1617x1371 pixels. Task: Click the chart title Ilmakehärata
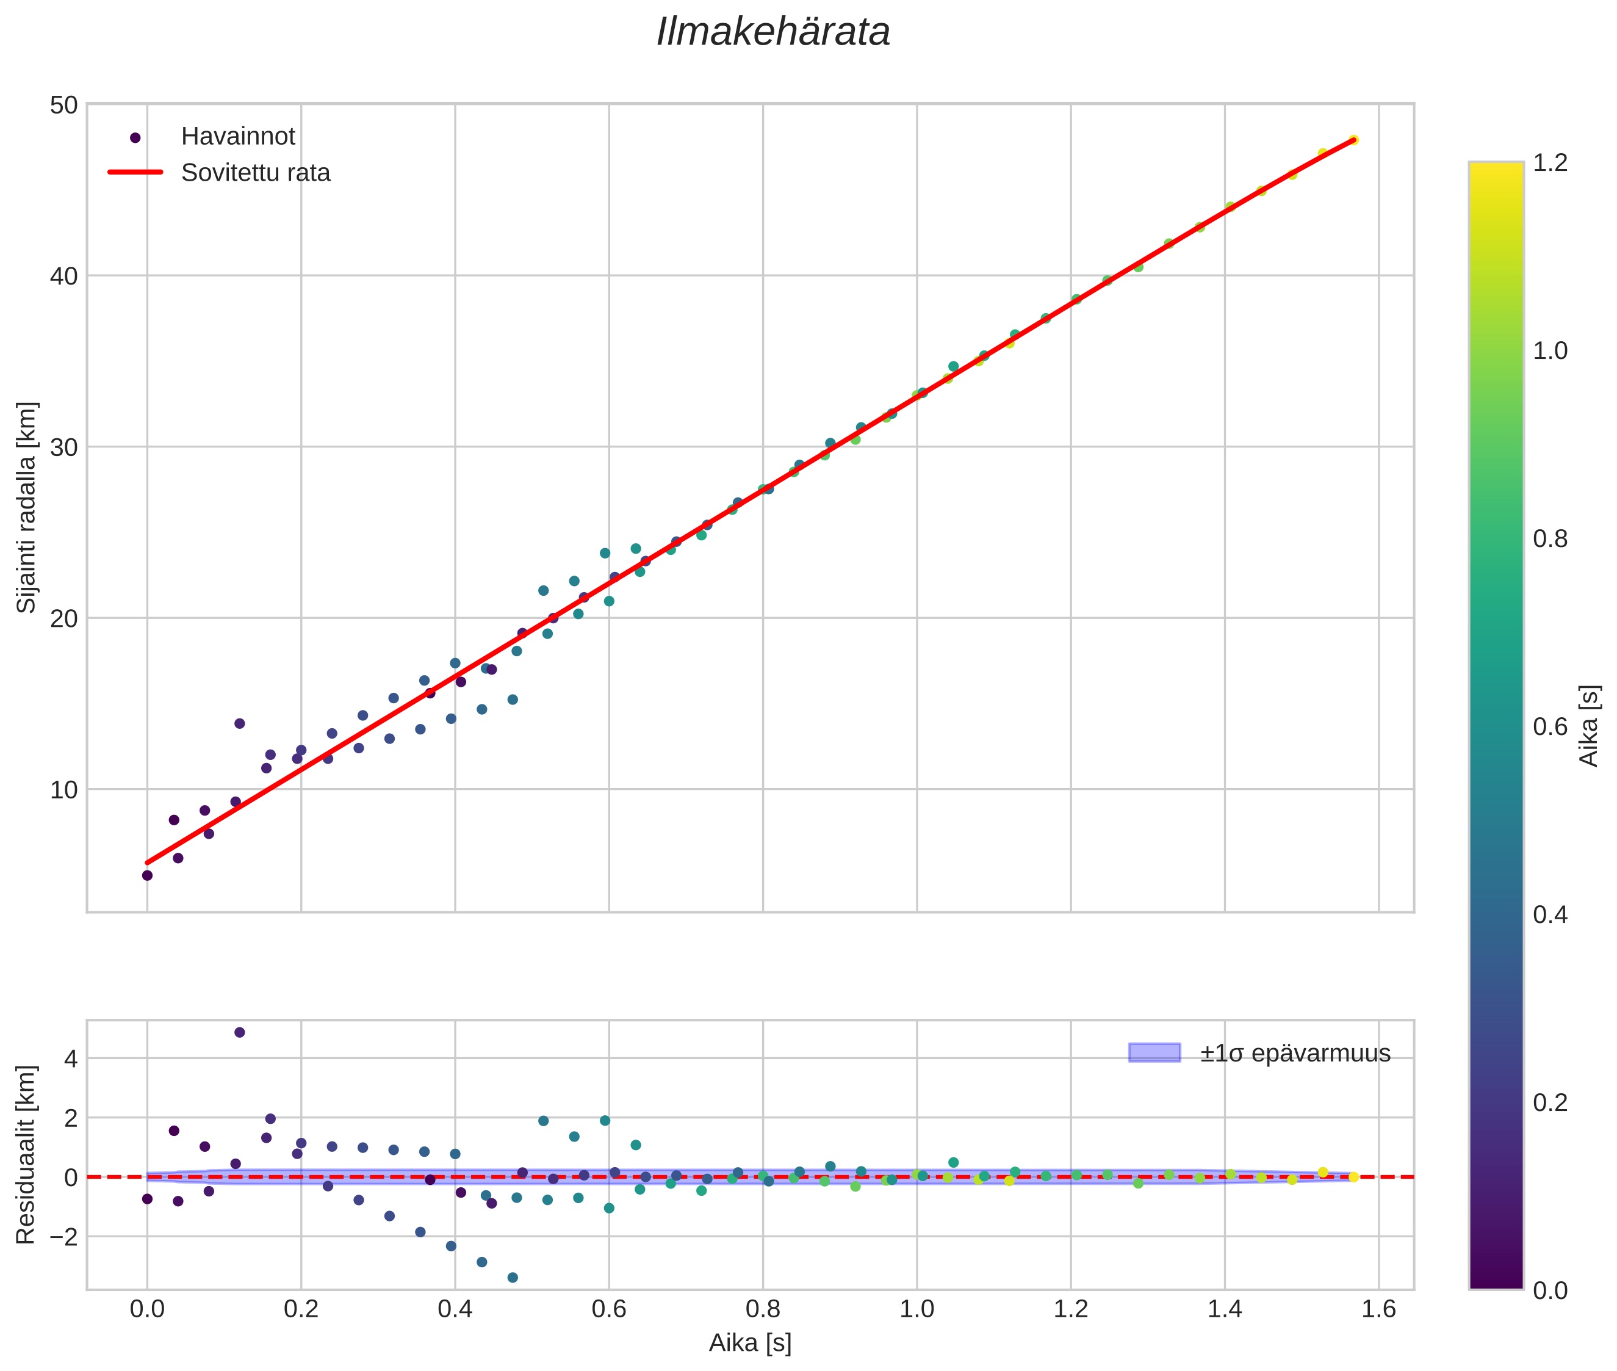(x=772, y=32)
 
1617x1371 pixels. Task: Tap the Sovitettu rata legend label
(x=255, y=173)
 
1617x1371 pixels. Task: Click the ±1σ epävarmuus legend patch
(x=1153, y=1053)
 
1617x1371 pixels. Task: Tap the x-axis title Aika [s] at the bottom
(x=750, y=1343)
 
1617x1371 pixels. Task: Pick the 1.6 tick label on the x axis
(x=1378, y=1309)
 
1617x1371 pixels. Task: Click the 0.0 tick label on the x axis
(x=147, y=1309)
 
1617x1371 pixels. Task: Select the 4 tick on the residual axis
(x=70, y=1058)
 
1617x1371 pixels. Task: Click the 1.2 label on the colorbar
(x=1549, y=163)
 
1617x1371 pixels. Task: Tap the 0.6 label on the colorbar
(x=1549, y=726)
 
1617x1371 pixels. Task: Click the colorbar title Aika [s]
(x=1589, y=726)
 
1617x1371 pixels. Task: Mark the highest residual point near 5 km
(x=239, y=1032)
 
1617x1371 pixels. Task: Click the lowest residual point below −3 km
(x=512, y=1277)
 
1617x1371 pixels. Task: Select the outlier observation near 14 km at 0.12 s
(x=239, y=723)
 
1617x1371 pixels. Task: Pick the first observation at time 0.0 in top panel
(x=147, y=875)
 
